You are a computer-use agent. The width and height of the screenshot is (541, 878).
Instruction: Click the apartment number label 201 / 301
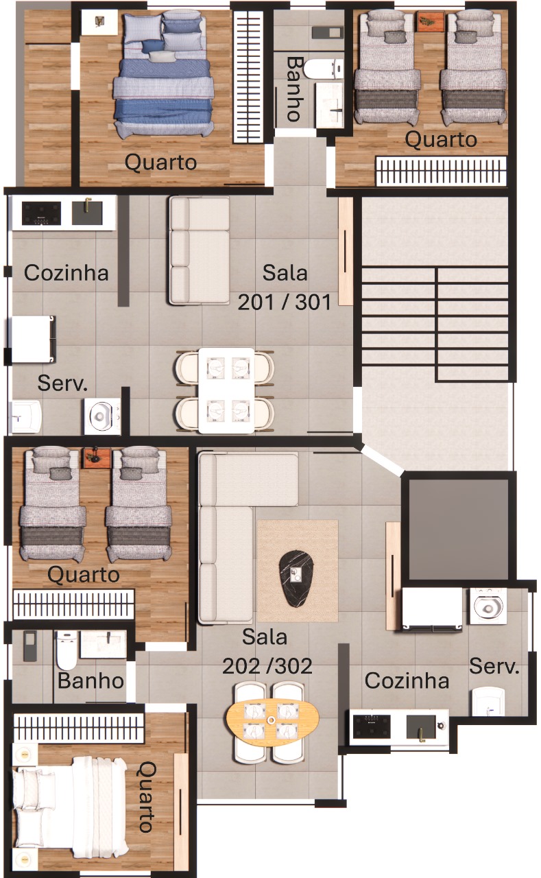pos(285,302)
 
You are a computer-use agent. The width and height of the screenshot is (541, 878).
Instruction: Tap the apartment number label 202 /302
pos(267,666)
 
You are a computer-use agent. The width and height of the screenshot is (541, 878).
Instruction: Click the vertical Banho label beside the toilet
pos(295,89)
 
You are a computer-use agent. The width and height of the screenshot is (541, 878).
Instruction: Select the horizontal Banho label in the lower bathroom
pos(91,681)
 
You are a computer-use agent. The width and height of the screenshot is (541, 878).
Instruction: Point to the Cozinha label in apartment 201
pos(67,273)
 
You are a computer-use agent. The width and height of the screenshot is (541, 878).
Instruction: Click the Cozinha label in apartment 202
pos(407,681)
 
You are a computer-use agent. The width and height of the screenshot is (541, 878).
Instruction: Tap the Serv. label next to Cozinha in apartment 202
pos(494,666)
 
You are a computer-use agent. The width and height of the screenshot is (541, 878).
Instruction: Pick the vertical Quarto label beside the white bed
pos(147,797)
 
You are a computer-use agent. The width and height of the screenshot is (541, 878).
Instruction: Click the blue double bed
pos(163,75)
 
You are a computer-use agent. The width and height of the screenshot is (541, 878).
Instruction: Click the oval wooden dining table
pos(272,720)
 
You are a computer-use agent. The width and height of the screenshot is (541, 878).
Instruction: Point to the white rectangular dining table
pos(226,390)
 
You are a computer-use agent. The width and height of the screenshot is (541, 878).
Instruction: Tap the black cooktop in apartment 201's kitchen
pos(41,213)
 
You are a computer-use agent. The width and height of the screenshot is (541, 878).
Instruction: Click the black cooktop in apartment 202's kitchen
pos(372,726)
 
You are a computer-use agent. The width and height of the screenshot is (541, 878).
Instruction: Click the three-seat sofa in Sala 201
pos(199,250)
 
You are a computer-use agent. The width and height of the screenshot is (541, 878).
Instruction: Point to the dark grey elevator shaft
pos(458,528)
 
